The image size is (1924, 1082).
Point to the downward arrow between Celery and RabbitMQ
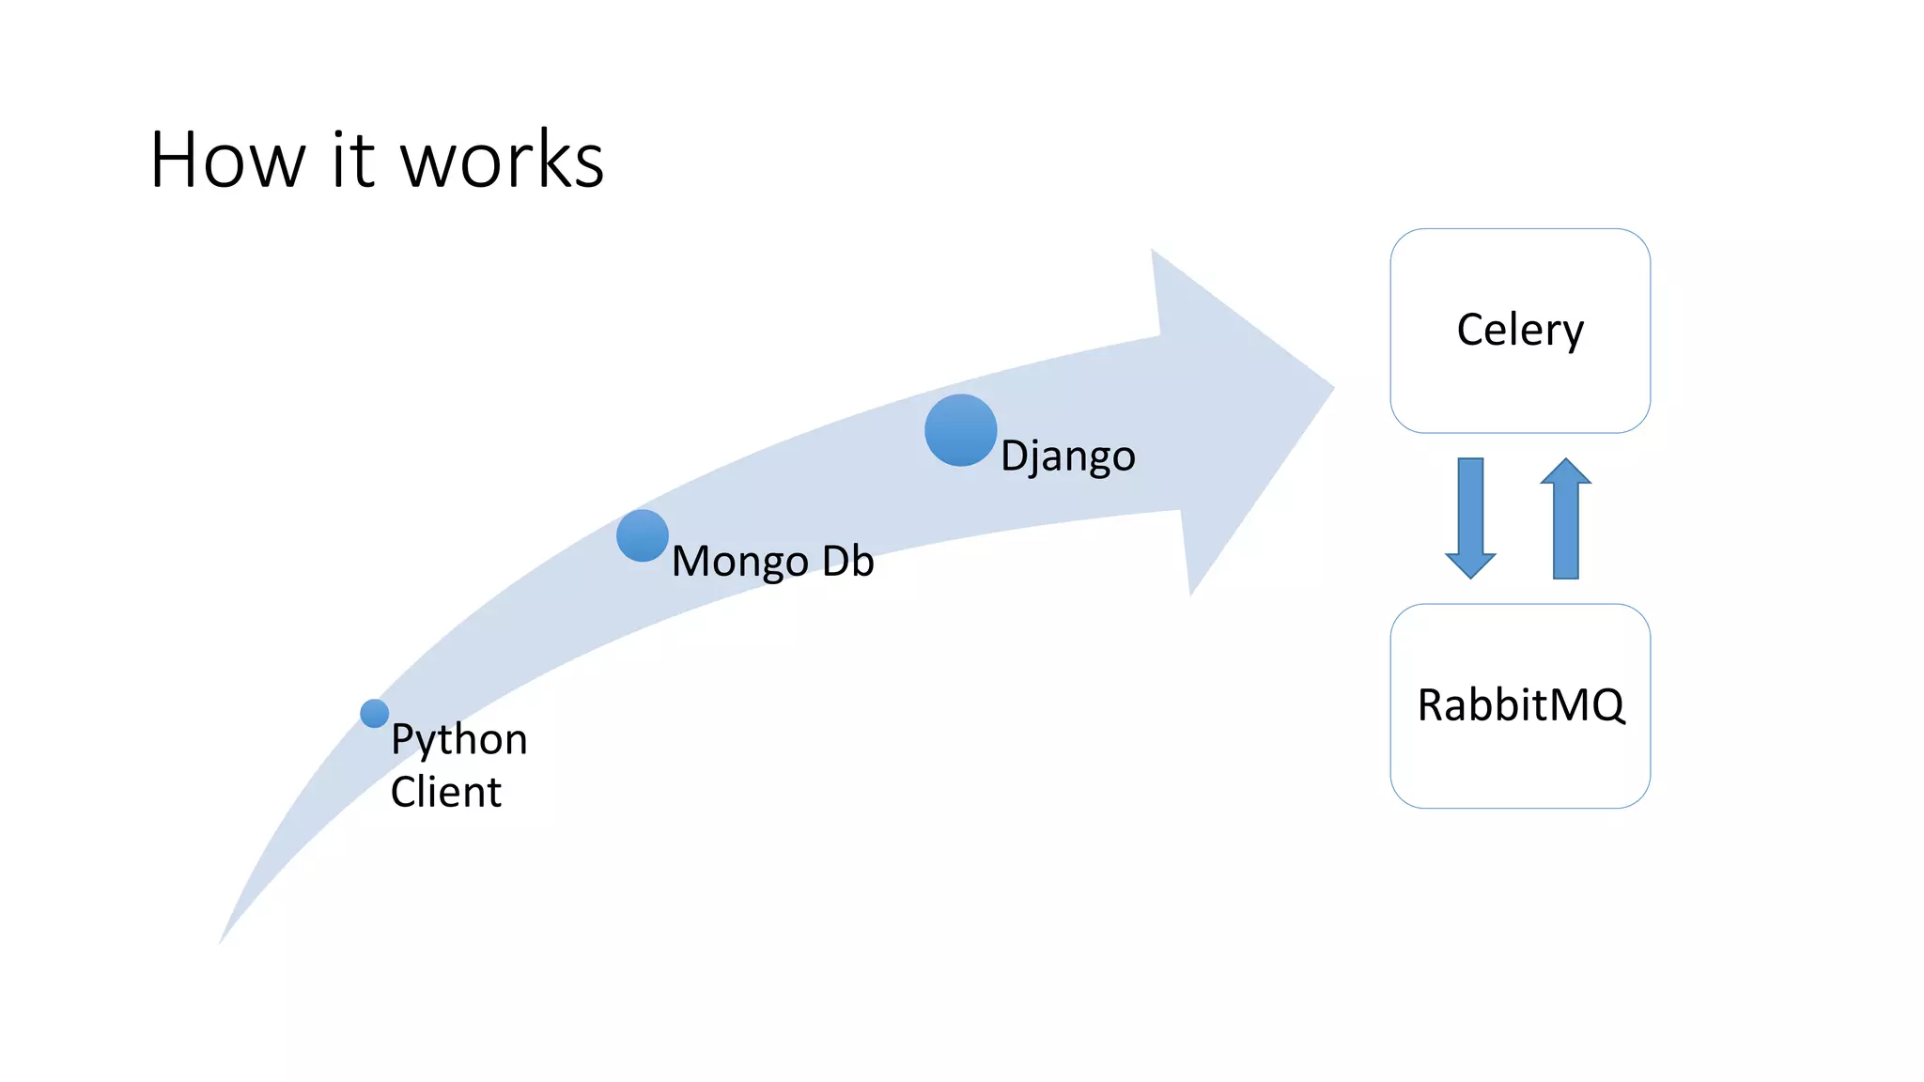[1470, 518]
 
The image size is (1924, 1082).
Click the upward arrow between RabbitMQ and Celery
[1565, 518]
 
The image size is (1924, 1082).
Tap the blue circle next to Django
[960, 430]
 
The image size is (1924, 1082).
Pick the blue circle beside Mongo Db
[643, 535]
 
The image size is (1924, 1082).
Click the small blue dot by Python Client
[374, 714]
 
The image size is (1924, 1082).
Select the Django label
[1068, 456]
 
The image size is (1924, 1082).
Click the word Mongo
[740, 562]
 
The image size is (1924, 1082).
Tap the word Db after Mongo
[847, 561]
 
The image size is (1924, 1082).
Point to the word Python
[458, 740]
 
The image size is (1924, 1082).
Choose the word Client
[445, 792]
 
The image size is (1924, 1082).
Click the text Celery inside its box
[1520, 330]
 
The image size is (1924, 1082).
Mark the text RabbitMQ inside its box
[1520, 705]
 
